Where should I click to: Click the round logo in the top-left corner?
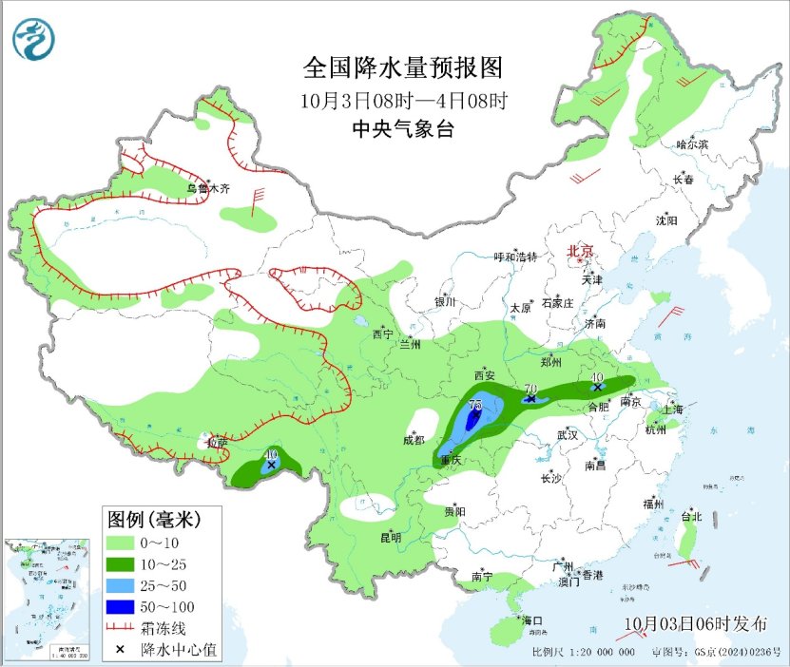tap(34, 39)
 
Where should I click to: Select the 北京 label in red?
tap(580, 251)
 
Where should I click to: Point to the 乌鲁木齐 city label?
tap(208, 188)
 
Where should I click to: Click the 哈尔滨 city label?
tap(691, 144)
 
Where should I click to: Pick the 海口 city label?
tap(530, 620)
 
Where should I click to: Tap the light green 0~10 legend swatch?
tap(120, 543)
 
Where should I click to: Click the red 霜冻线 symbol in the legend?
tap(120, 627)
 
